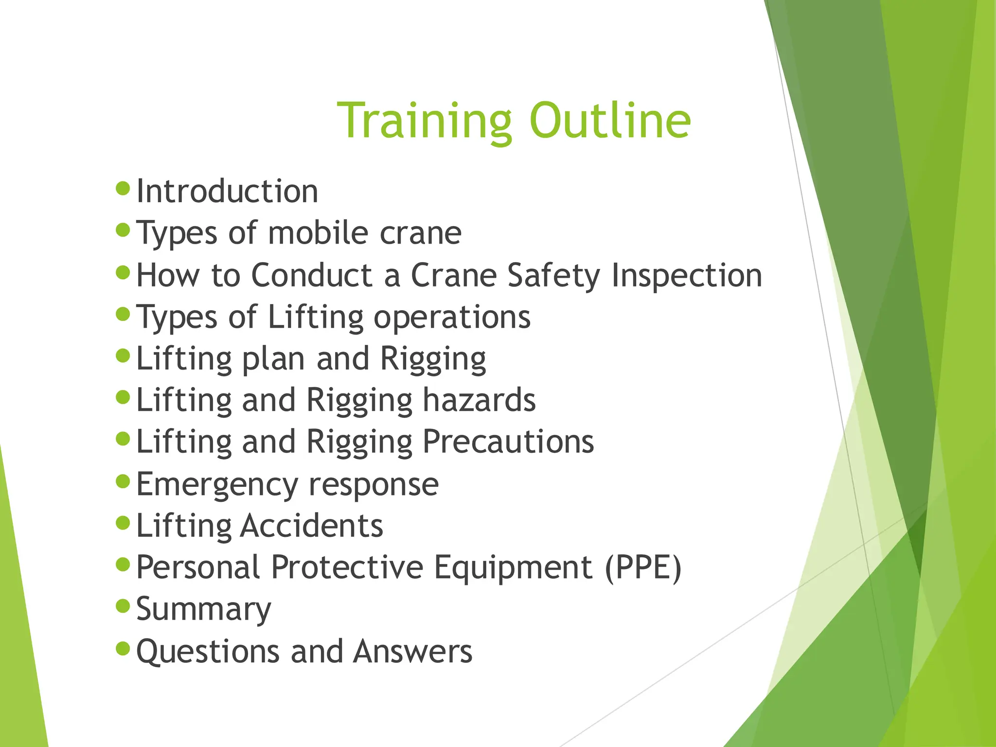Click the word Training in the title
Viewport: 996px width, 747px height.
(x=424, y=121)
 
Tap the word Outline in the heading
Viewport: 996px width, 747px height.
(x=610, y=121)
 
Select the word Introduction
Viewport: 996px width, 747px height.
(x=227, y=191)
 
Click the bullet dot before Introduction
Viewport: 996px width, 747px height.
(x=124, y=188)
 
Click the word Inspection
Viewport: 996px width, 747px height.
(x=686, y=276)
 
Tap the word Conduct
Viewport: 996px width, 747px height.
(x=312, y=275)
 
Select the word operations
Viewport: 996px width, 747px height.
(x=452, y=318)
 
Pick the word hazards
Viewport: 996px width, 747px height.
(x=479, y=400)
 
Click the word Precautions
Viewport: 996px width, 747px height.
(x=508, y=442)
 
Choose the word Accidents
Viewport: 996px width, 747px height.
(x=312, y=526)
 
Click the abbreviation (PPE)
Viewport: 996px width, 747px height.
(x=643, y=568)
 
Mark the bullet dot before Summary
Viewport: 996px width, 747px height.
(x=124, y=606)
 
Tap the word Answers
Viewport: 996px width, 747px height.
(x=413, y=651)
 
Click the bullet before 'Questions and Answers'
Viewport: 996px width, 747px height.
(x=124, y=648)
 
